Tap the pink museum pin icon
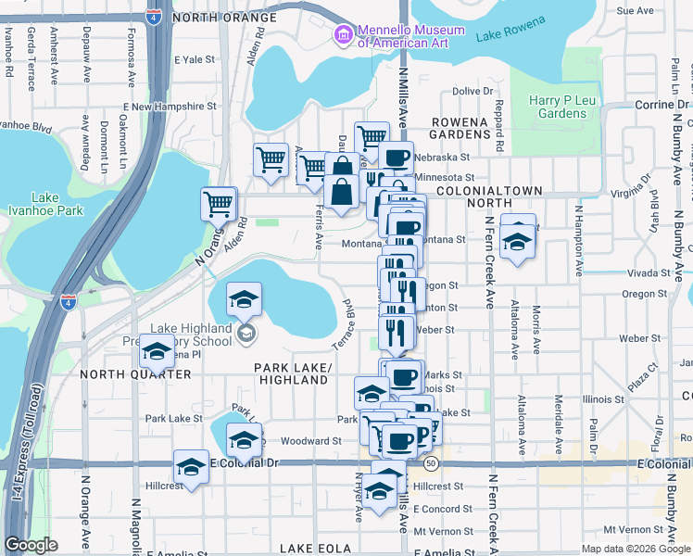(342, 36)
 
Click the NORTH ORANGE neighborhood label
(224, 18)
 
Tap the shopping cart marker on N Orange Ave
(219, 204)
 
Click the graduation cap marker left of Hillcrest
(192, 467)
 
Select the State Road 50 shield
(432, 462)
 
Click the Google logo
(31, 545)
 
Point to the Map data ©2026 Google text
(636, 549)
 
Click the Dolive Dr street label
(472, 91)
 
